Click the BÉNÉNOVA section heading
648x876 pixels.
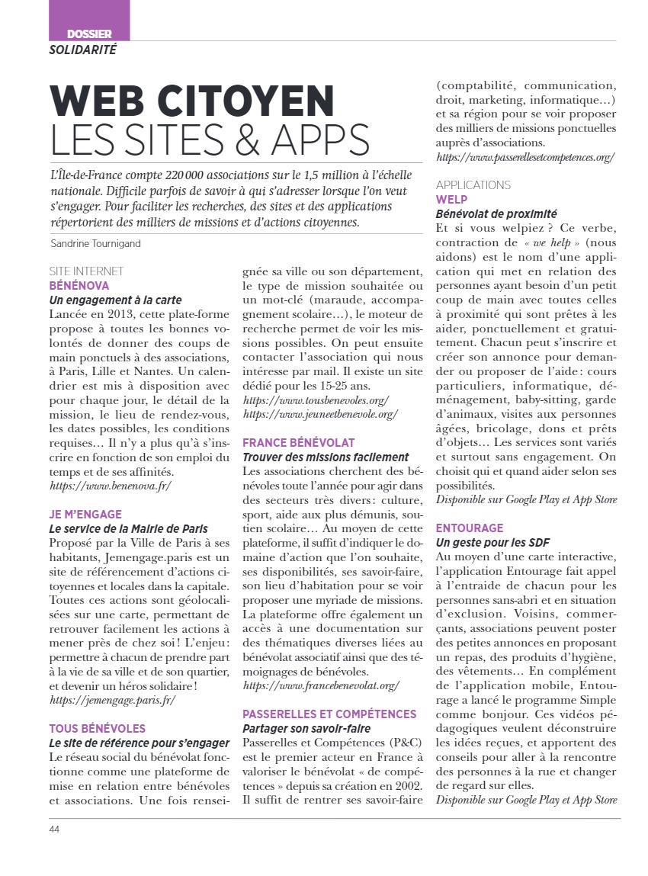point(79,285)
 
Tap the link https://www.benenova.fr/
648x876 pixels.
point(111,485)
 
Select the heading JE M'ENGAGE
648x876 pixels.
point(85,515)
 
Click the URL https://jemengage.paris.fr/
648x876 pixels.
point(112,699)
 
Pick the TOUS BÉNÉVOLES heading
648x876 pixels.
point(98,729)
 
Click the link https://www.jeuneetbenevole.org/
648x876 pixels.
point(320,414)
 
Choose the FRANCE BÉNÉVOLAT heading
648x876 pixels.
point(299,442)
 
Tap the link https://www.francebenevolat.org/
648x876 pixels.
point(321,685)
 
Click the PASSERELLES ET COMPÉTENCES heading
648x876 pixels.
point(329,714)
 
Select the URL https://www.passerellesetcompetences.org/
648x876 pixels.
point(525,157)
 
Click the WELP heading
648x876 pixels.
point(451,200)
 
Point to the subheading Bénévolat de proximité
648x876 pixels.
point(496,214)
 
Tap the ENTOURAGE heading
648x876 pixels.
point(470,528)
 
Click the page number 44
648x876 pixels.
point(55,829)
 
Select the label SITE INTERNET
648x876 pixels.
point(86,271)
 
